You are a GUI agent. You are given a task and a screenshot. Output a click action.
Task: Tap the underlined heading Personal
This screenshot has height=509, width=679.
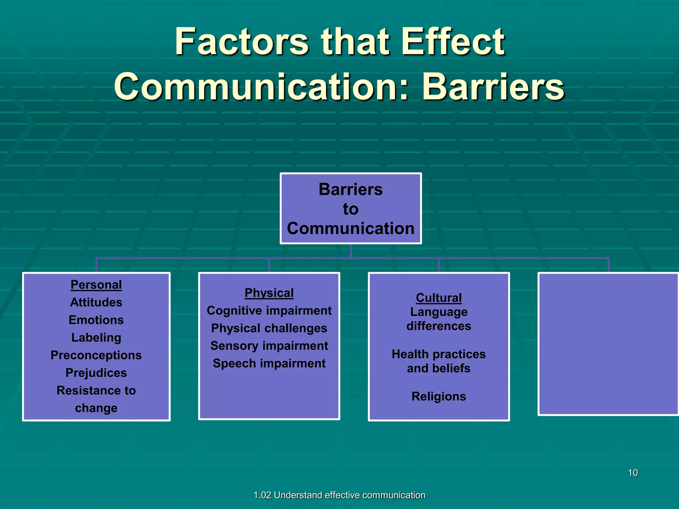pos(96,285)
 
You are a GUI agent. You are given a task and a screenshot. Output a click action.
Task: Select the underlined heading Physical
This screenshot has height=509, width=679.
pos(269,293)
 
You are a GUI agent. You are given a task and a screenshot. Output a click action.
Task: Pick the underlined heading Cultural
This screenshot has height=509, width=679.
pos(439,298)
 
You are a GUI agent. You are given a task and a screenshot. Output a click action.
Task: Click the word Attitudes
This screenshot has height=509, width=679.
pos(96,302)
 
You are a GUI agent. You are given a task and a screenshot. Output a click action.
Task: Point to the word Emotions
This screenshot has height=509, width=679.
pos(96,320)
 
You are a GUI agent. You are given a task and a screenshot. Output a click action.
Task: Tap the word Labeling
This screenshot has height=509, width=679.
pos(96,337)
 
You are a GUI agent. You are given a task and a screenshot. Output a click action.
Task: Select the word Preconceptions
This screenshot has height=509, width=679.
pos(96,355)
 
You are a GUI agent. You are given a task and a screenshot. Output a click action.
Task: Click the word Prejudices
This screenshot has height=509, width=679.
pos(96,373)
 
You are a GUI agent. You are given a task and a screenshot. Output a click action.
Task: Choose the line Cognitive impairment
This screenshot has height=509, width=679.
pos(269,311)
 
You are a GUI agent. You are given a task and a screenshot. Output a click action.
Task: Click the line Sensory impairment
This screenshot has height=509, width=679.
pos(269,346)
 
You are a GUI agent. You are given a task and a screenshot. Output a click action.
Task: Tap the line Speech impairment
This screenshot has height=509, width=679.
pos(269,363)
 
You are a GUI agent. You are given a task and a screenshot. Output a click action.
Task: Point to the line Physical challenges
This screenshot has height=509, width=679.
pos(269,328)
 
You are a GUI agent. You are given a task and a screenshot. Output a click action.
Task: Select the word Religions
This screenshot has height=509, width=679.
pos(439,396)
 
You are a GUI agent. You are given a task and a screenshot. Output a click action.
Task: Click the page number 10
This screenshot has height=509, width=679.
pos(633,473)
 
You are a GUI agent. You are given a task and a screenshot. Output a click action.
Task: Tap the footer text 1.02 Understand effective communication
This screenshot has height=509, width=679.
pos(339,495)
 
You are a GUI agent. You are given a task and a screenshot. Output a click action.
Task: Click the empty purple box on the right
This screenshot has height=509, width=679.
pos(608,344)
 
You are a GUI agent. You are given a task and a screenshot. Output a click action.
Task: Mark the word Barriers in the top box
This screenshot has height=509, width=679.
pos(350,190)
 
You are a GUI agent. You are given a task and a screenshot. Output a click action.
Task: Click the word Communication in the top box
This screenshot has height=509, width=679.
pos(350,228)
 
